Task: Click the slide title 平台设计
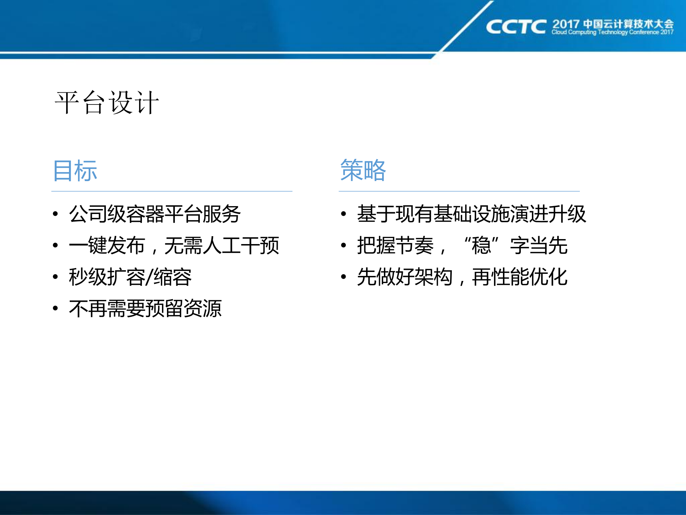point(107,103)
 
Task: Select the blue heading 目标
point(75,171)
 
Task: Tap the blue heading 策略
point(363,170)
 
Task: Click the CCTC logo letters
point(516,27)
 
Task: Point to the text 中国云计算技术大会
point(628,24)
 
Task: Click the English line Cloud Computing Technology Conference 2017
point(612,33)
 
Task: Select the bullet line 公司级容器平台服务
point(154,214)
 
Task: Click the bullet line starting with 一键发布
point(174,246)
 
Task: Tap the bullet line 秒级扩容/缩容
point(130,277)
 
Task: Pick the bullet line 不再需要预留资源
point(145,308)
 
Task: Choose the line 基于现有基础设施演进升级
point(472,214)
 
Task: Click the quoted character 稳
point(481,246)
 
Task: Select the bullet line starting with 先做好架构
point(462,277)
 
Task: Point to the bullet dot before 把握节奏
point(344,246)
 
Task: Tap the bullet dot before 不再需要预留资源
point(55,308)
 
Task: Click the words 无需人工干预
point(222,246)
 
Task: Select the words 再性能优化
point(519,277)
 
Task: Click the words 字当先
point(539,246)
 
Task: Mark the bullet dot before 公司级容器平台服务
point(55,214)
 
